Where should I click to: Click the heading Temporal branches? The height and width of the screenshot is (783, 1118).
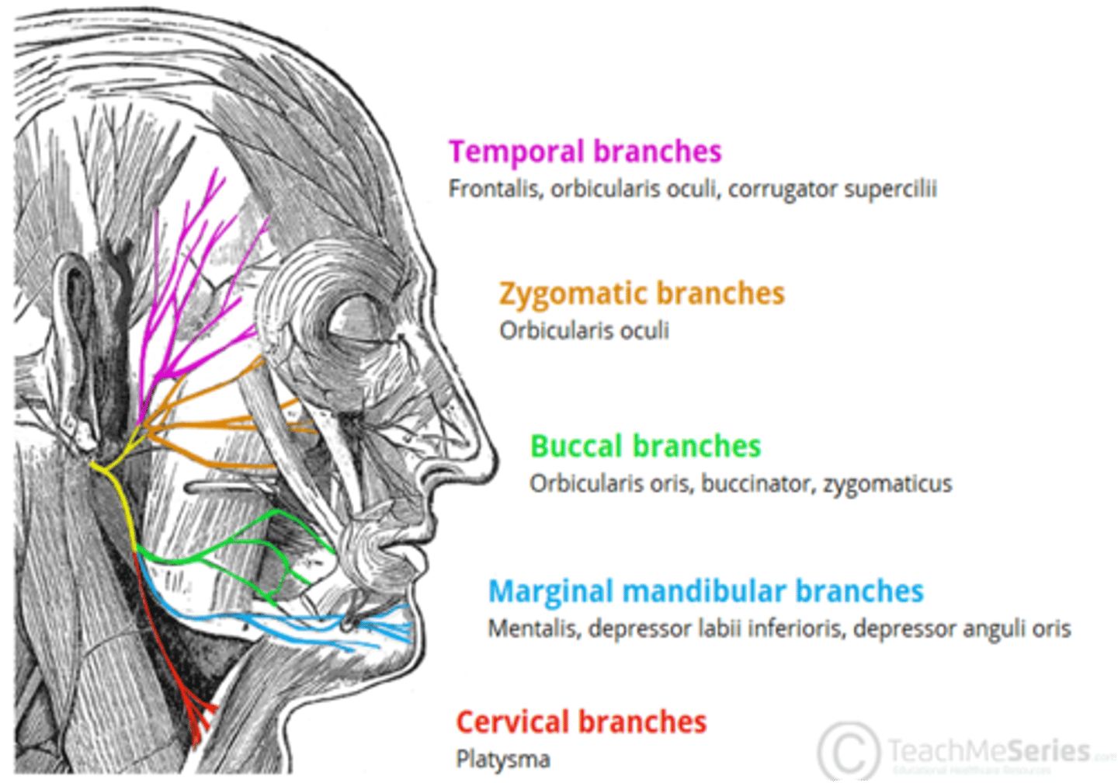[585, 151]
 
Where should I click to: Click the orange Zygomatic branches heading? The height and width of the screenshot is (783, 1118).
[641, 294]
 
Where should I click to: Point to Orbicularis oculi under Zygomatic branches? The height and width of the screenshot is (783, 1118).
[584, 331]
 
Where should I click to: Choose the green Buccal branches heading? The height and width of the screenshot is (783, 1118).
[644, 447]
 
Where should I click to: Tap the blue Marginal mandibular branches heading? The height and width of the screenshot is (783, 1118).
[705, 592]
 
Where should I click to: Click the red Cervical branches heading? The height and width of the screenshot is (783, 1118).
[581, 722]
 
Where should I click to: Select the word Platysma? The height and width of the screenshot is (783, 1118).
[502, 759]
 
